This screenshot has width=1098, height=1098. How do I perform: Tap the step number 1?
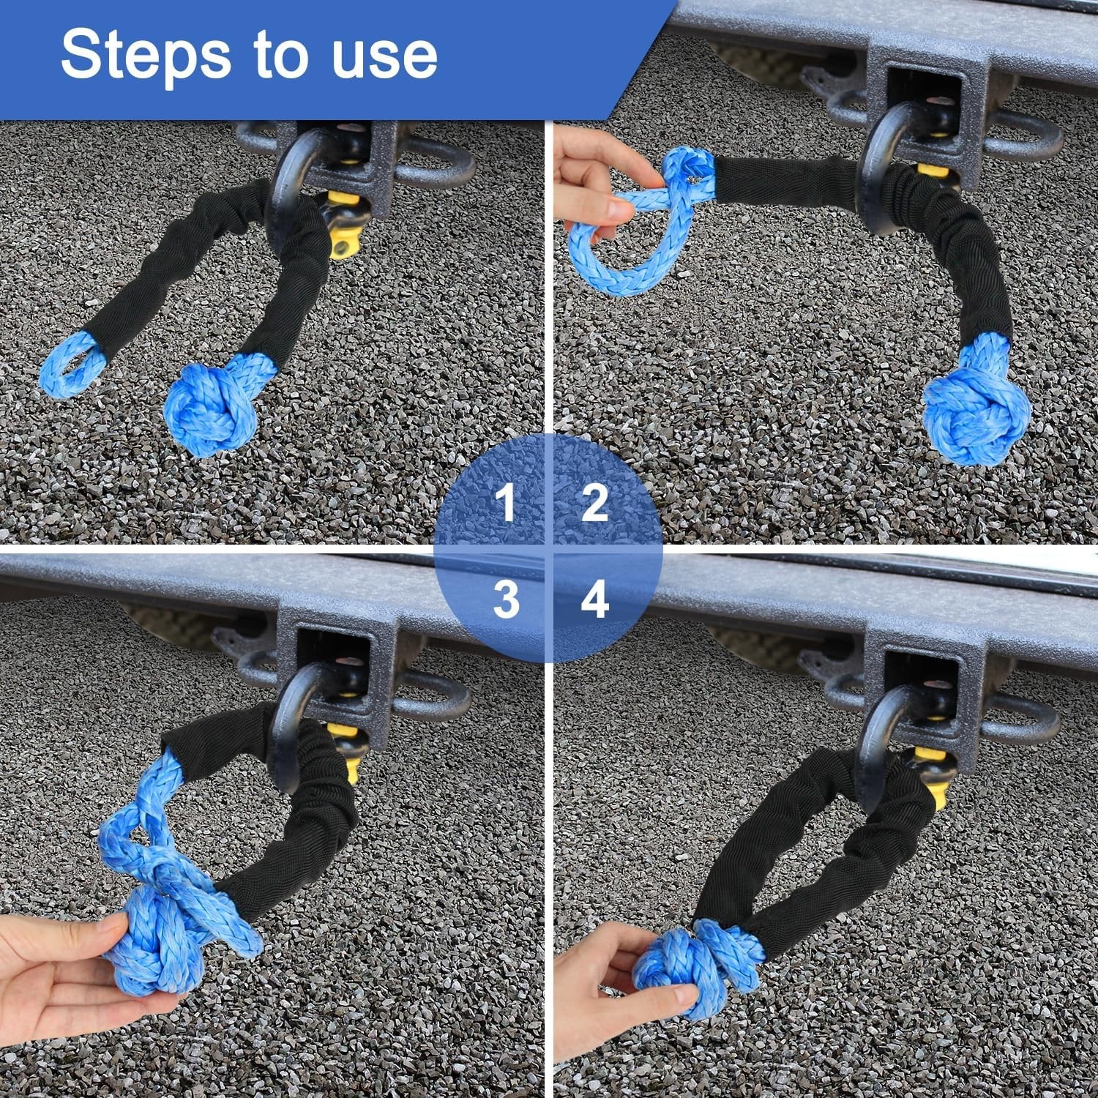pos(505,504)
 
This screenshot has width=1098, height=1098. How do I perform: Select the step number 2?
pos(594,504)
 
